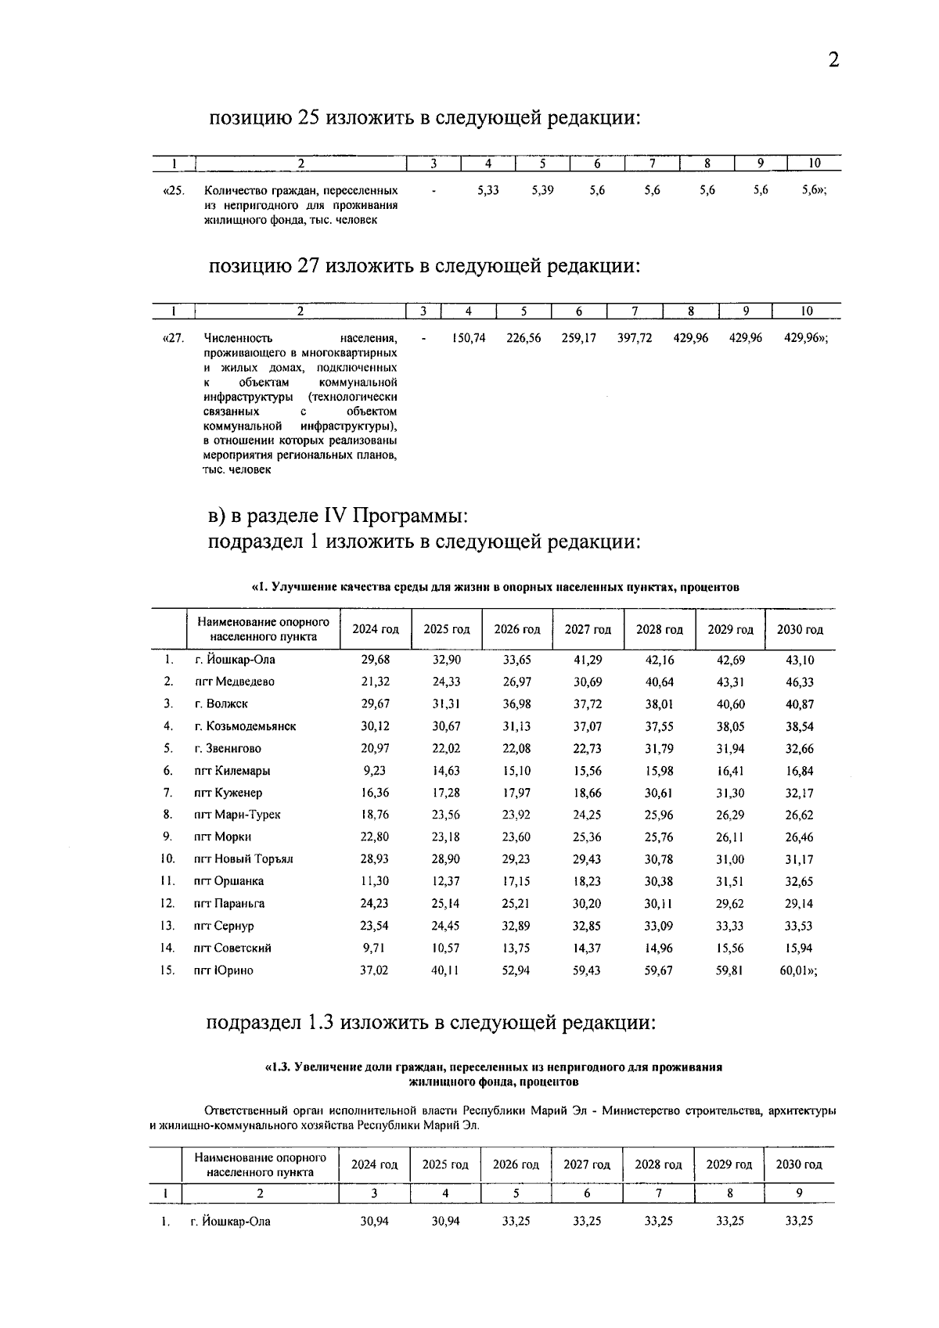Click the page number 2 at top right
[833, 60]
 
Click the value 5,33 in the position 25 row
[487, 190]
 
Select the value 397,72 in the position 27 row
[635, 338]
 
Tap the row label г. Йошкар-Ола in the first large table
[235, 660]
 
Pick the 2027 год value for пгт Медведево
[588, 682]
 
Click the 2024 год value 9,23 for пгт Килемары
[375, 771]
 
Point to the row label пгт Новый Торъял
[243, 859]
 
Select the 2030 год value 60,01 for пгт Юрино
[801, 970]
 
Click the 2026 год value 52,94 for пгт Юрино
[516, 970]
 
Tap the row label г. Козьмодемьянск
[245, 726]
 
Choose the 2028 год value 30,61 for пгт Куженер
[659, 793]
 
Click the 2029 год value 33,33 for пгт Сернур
[730, 926]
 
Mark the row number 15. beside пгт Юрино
[167, 970]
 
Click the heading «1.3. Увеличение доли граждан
[493, 1067]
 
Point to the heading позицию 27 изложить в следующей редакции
[423, 266]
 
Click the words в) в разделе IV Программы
[338, 516]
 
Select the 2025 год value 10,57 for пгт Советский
[446, 948]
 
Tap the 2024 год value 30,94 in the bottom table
[374, 1221]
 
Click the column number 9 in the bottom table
[799, 1193]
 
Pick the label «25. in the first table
[173, 190]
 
